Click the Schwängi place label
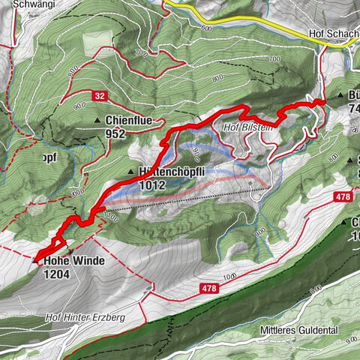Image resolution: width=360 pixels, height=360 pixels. click(x=22, y=4)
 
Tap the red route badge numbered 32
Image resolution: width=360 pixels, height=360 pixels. click(x=99, y=95)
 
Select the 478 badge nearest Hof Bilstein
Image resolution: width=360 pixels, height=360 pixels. click(x=343, y=196)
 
